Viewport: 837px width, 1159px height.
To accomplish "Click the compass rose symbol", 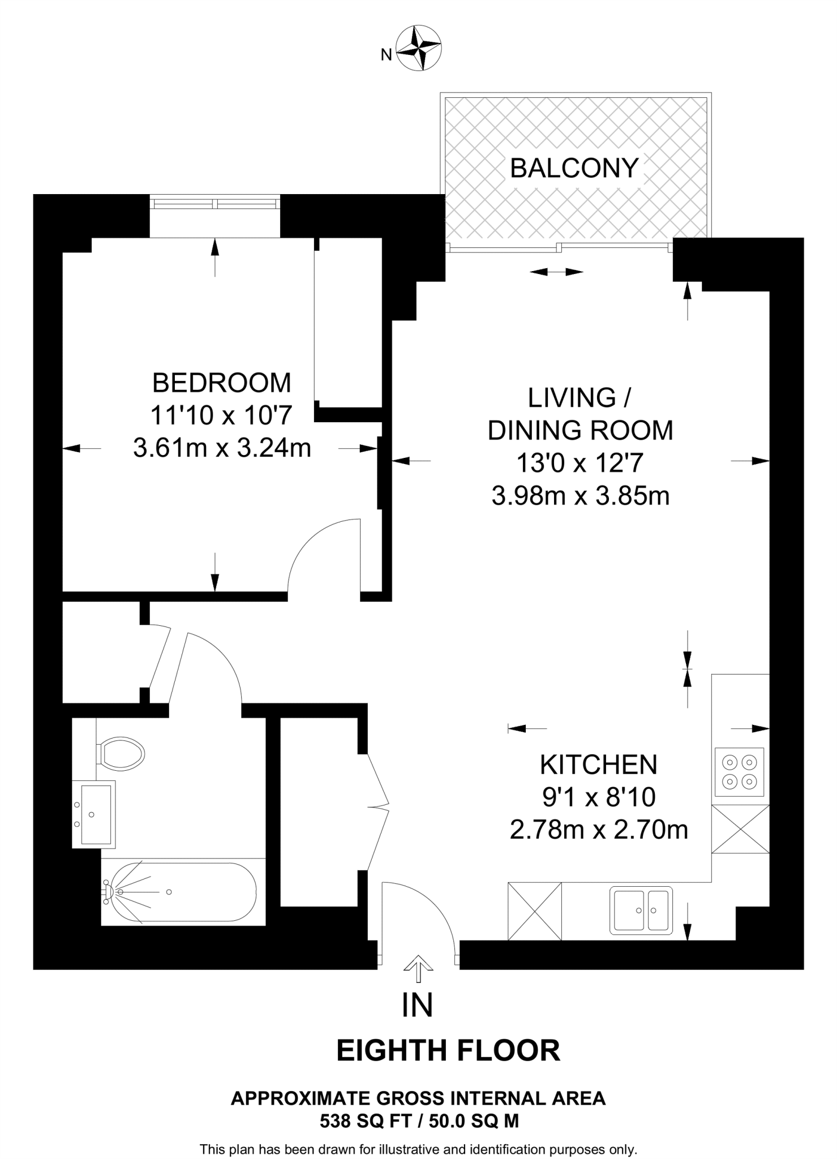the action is pos(419,48).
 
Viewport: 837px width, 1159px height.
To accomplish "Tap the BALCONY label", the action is pos(574,168).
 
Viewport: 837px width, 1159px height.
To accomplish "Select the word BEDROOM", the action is pos(222,383).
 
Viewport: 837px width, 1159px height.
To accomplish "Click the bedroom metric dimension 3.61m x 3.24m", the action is pos(222,449).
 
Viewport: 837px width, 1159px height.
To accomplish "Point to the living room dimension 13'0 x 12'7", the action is pos(580,464).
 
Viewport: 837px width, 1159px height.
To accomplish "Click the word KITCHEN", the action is pos(599,765).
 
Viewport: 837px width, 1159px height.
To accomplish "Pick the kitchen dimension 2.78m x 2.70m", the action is pos(599,830).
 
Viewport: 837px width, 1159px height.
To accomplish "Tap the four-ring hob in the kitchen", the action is pos(740,772).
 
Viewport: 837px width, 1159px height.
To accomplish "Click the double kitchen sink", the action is pos(641,911).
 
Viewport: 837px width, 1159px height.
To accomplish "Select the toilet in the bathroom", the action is pos(121,753).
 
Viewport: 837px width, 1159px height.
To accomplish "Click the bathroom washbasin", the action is pos(94,814).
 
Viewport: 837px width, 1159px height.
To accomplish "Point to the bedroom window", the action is pos(215,203).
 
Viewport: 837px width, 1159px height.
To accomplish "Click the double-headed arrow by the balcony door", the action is pos(556,272).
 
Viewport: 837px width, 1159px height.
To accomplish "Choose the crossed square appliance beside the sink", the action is pos(535,912).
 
